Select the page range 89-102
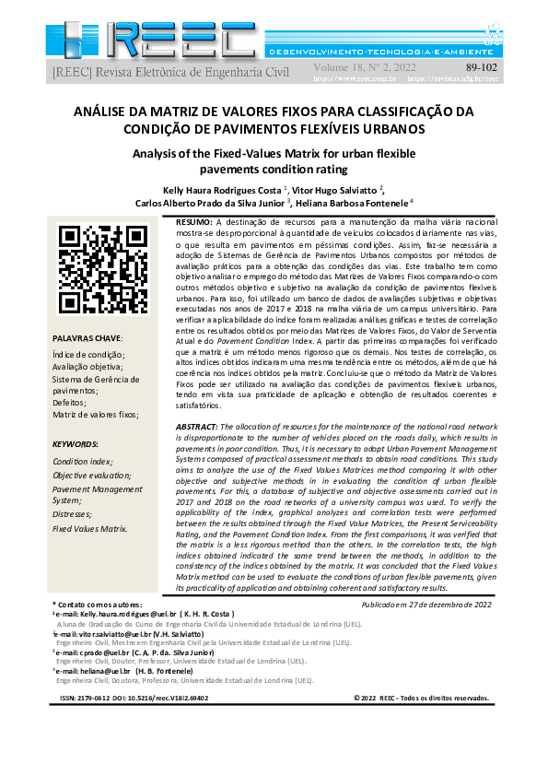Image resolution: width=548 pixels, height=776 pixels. tap(481, 67)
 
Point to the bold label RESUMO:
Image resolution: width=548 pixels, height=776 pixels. tap(194, 223)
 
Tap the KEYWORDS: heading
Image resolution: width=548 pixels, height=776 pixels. tap(76, 443)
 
